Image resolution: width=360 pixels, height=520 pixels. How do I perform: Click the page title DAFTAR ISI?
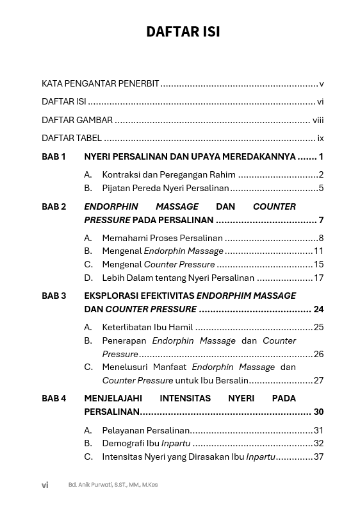[x=183, y=32]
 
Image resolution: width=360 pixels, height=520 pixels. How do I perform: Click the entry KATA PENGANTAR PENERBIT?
[x=101, y=84]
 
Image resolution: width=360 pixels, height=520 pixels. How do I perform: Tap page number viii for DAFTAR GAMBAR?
[x=318, y=120]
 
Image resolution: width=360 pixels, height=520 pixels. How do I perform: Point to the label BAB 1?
[x=54, y=156]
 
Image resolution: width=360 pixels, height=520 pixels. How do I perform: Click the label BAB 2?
[x=54, y=206]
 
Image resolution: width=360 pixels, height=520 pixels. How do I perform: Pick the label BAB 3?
[x=54, y=296]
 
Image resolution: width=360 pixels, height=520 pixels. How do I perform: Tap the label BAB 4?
[x=54, y=398]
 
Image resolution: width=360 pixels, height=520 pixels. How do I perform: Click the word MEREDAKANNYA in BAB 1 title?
[x=263, y=156]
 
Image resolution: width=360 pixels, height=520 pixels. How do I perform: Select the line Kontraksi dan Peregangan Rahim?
[x=168, y=174]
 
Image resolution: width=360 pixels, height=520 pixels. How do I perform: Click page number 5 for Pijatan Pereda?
[x=321, y=188]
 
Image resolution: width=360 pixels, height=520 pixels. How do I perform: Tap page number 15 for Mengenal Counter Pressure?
[x=318, y=264]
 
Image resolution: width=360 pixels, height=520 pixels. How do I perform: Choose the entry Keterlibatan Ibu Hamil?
[x=147, y=327]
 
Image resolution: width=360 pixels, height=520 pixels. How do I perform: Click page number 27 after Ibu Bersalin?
[x=318, y=380]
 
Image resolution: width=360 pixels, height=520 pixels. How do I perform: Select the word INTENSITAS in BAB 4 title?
[x=186, y=398]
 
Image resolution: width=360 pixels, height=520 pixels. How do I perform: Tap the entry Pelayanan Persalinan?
[x=145, y=430]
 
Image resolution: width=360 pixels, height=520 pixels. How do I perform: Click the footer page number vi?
[x=45, y=485]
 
